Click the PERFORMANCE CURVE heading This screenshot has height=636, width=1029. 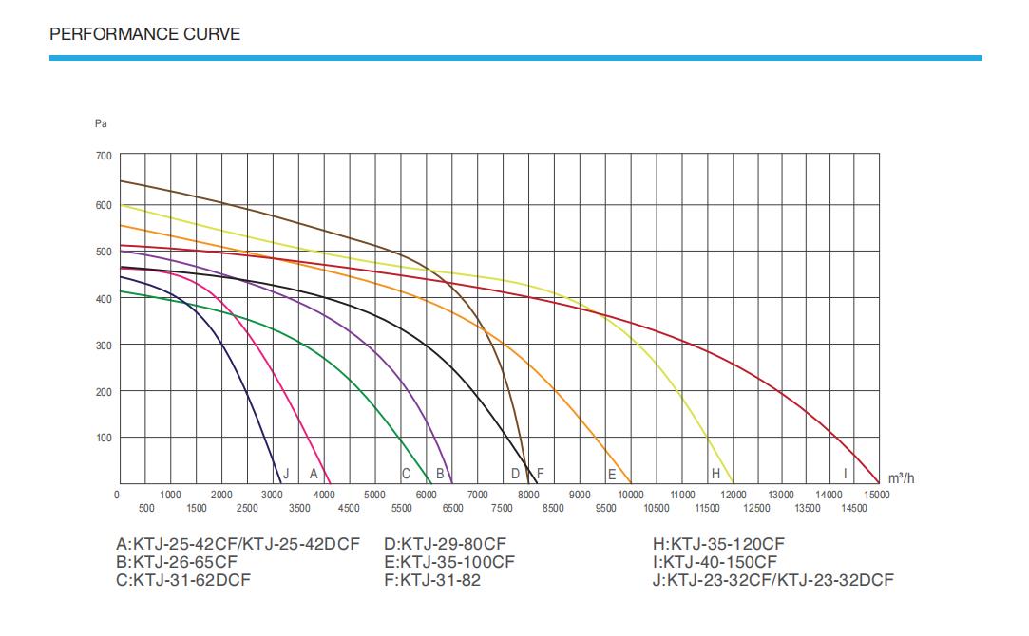tap(144, 34)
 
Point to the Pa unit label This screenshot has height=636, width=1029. tap(101, 123)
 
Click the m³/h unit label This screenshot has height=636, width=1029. tap(901, 477)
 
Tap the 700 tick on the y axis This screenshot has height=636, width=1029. tap(103, 156)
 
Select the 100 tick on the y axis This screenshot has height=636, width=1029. tap(103, 438)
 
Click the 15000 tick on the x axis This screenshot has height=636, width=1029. tap(876, 495)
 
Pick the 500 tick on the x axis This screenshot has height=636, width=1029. tap(146, 509)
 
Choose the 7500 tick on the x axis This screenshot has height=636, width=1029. tap(502, 509)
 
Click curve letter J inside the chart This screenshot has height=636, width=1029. tap(286, 473)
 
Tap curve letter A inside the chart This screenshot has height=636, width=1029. tap(314, 473)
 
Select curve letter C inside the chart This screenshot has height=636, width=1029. tap(406, 473)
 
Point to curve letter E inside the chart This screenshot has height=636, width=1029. tap(612, 473)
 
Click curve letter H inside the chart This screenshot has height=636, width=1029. tap(715, 473)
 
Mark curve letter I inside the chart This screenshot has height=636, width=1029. tap(845, 473)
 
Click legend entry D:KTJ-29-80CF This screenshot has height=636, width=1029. tap(446, 544)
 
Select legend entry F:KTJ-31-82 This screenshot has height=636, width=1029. tap(432, 580)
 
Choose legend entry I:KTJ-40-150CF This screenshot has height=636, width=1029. tap(715, 562)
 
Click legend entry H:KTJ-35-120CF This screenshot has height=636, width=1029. tap(718, 544)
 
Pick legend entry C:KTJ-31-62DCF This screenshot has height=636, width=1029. tap(182, 580)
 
